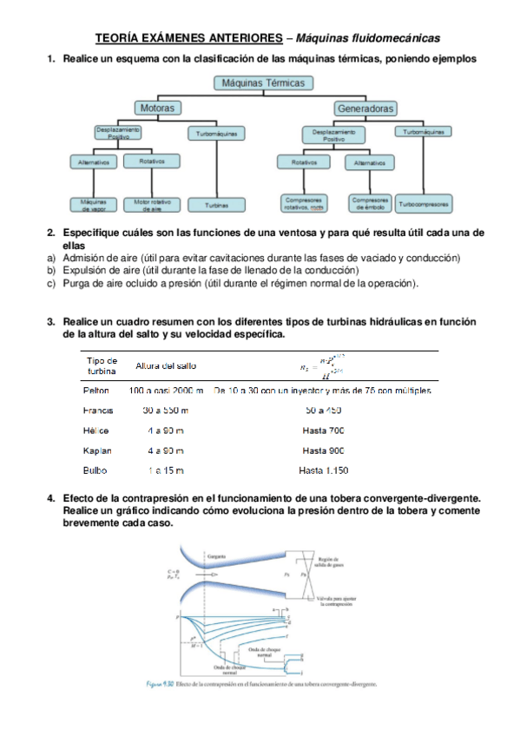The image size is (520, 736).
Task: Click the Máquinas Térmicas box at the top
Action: (x=263, y=83)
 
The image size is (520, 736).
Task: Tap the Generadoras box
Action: (x=365, y=108)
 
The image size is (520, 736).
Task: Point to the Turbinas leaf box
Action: (x=216, y=206)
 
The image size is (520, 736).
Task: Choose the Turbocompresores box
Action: (x=424, y=205)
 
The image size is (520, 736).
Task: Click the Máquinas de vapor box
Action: (x=93, y=206)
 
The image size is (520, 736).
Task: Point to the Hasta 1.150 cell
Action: (x=323, y=470)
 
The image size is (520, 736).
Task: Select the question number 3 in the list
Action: (x=51, y=322)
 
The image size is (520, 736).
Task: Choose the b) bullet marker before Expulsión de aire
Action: (x=50, y=271)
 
